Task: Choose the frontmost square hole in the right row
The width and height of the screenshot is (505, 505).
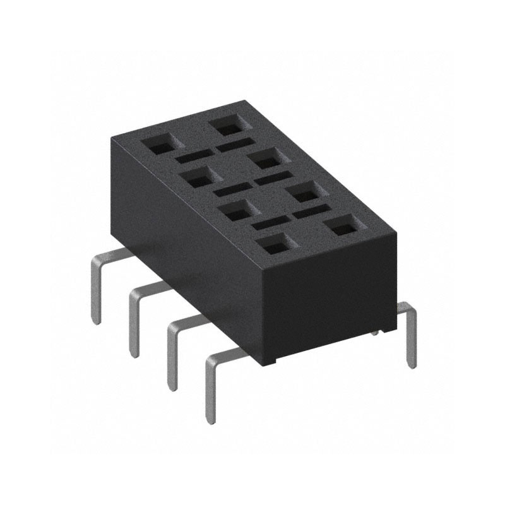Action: (343, 225)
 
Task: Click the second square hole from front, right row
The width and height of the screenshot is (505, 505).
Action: (303, 191)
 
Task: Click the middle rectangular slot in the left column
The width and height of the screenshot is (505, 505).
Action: (231, 189)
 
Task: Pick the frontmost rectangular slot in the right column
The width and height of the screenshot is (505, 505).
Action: (311, 212)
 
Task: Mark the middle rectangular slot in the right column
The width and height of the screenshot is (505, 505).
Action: (272, 179)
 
